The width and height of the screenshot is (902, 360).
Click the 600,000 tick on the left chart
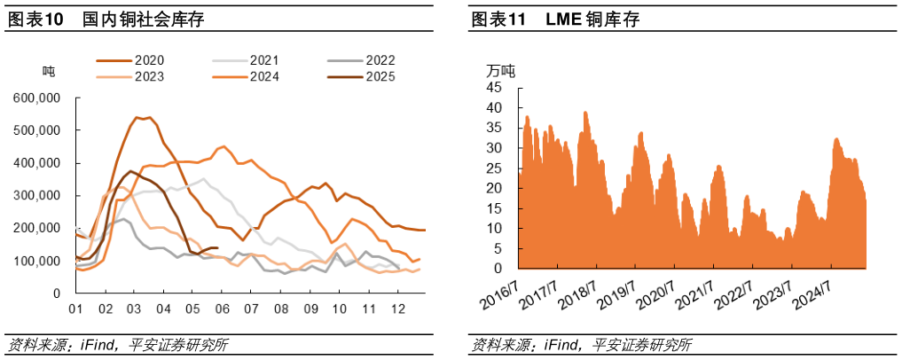(37, 98)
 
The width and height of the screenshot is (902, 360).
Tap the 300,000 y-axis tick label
(37, 196)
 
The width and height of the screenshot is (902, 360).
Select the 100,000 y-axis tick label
(37, 261)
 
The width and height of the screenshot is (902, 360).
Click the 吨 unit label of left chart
(49, 70)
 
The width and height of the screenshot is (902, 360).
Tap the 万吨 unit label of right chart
(500, 70)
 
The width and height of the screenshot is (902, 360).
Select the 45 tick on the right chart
(494, 87)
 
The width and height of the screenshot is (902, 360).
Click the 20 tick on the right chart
(494, 188)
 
